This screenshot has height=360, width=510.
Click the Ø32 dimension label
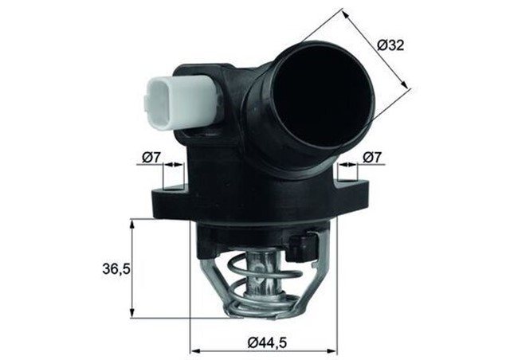[390, 45]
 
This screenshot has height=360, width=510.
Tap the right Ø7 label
[371, 158]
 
